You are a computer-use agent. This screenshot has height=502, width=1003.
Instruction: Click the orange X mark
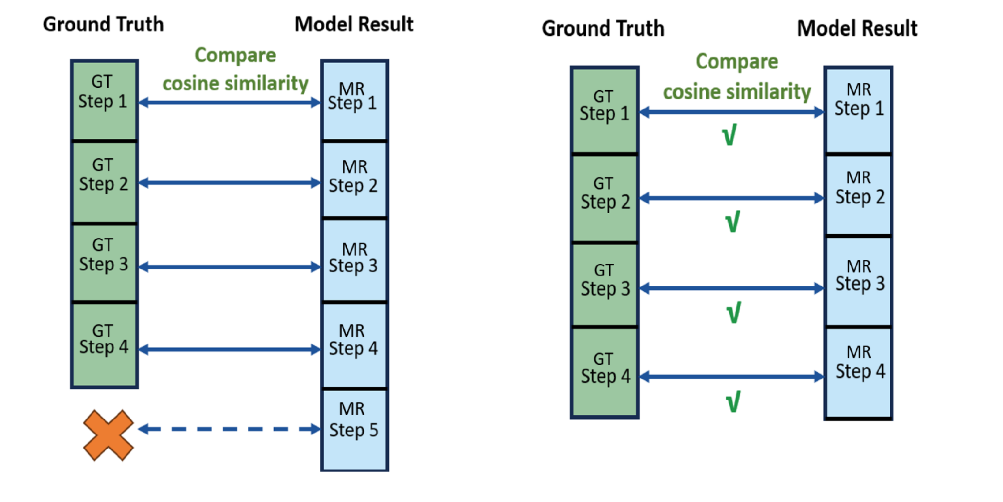108,435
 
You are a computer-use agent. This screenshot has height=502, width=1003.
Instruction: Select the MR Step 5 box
354,429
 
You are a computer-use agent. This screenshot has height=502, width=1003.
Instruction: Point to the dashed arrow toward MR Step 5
229,429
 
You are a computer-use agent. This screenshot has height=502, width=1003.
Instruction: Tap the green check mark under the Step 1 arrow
729,135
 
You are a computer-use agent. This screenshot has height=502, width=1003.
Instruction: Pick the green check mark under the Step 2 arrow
732,222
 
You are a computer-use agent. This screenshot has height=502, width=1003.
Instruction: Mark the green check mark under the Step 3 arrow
733,312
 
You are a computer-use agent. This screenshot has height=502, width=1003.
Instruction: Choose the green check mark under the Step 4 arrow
733,402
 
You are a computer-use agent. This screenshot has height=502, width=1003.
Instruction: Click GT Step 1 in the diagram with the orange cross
104,100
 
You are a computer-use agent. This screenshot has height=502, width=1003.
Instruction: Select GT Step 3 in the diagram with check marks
604,284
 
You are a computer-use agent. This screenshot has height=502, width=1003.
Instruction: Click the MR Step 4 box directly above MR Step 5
354,345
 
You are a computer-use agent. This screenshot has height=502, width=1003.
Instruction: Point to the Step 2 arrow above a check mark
732,198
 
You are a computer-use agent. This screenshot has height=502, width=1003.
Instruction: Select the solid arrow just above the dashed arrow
229,350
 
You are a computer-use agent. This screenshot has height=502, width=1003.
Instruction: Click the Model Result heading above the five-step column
354,24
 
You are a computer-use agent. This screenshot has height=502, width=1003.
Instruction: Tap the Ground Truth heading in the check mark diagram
603,28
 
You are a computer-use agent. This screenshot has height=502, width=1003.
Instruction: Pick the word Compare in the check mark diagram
737,62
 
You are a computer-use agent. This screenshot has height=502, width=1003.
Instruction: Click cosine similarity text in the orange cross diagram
235,83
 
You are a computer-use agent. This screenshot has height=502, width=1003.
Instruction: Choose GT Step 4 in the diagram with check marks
604,372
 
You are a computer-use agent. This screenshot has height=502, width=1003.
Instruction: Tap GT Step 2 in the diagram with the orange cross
104,182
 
